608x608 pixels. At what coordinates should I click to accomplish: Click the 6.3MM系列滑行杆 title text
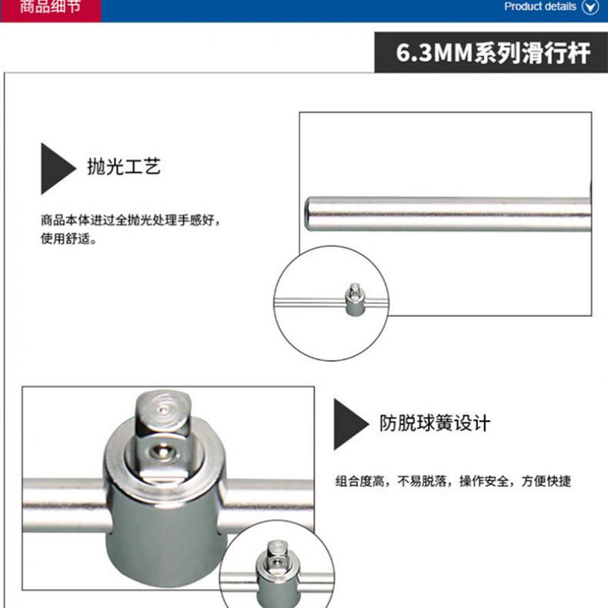point(493,53)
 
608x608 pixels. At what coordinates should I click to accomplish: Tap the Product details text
point(540,7)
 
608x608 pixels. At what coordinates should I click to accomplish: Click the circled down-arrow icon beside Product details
point(590,7)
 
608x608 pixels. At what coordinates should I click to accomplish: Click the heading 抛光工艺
point(124,167)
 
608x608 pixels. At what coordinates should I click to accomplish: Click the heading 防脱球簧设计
point(435,423)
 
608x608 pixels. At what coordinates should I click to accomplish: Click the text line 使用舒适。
point(68,239)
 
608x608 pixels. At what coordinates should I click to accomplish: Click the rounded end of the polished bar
point(309,215)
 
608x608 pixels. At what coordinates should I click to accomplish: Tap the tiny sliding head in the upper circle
point(354,299)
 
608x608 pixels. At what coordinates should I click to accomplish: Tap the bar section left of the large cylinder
point(64,505)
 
